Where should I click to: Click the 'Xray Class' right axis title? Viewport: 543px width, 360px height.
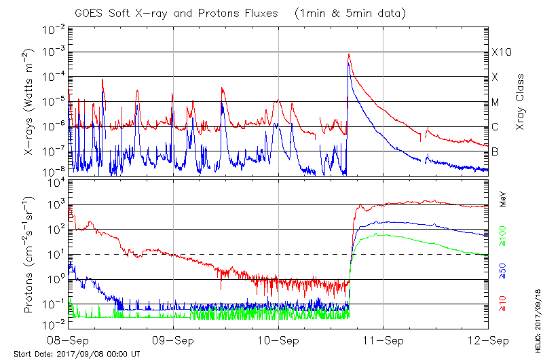pyautogui.click(x=521, y=102)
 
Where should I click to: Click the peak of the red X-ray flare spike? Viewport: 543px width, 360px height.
pyautogui.click(x=349, y=54)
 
